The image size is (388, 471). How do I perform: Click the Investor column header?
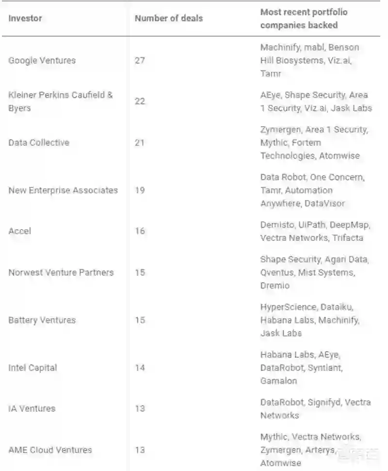(x=25, y=18)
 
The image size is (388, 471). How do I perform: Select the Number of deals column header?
(x=168, y=18)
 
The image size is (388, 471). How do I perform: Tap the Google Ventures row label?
(x=42, y=61)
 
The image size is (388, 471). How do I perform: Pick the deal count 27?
(x=140, y=61)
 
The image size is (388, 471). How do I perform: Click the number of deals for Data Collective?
(x=140, y=142)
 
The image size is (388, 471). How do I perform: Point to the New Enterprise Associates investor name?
(x=63, y=190)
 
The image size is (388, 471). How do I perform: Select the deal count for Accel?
(x=140, y=231)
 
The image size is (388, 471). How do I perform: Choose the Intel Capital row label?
(x=32, y=368)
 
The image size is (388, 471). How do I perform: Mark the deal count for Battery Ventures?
(x=140, y=320)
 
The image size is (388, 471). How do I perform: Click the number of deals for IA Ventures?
(x=140, y=408)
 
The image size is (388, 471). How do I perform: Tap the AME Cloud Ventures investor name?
(x=50, y=450)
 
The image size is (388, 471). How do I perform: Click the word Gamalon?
(x=278, y=381)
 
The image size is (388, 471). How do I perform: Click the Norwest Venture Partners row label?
(x=61, y=272)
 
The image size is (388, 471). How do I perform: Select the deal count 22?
(x=140, y=101)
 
